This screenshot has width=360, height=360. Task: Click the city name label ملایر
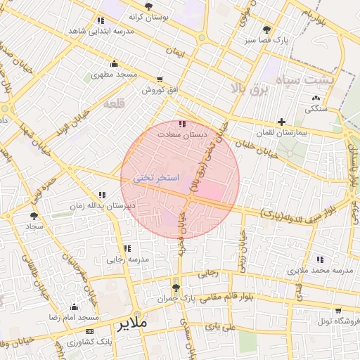coord(130,325)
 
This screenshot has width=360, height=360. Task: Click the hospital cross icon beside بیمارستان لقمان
coord(282,122)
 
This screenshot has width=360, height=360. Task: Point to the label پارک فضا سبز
coord(266,41)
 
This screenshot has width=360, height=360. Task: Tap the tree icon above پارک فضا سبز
coord(266,30)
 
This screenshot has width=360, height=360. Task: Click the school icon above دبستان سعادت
coord(183,124)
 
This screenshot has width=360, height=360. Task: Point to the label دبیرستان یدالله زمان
coord(102,206)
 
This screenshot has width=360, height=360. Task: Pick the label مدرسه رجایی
coord(127,259)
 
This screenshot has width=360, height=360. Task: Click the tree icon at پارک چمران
coord(176,288)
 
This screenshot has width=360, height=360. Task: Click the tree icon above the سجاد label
coord(34,216)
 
